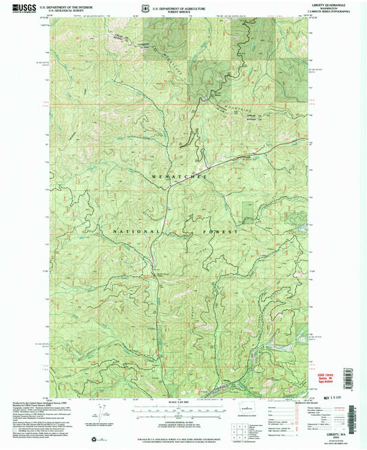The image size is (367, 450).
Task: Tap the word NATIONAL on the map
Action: (136, 231)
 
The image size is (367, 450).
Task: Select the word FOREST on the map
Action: (218, 232)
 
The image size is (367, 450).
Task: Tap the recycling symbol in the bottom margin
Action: (85, 438)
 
